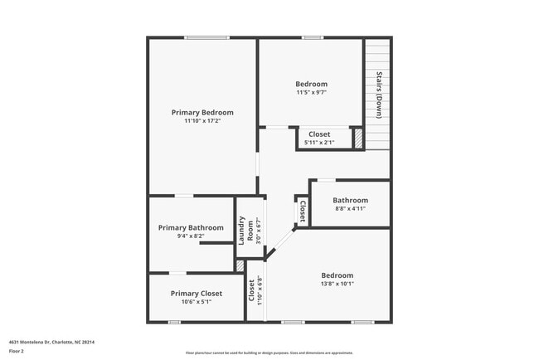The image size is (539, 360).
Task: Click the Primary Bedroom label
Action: [202, 113]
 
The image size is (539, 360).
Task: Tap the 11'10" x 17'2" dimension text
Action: [202, 121]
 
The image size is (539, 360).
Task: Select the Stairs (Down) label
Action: [378, 94]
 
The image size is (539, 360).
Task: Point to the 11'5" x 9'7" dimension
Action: [312, 93]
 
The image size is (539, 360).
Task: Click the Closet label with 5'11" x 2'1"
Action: [319, 134]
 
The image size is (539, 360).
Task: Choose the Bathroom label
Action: [350, 200]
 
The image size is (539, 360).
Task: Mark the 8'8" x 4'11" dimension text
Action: [350, 209]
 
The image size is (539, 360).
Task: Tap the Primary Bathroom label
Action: [191, 227]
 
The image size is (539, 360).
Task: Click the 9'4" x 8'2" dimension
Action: [191, 236]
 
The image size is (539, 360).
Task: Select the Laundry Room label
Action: [245, 230]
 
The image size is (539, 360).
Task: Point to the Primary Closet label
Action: [197, 293]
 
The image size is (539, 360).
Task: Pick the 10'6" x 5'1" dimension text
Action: [197, 302]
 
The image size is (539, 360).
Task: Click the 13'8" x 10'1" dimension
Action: [337, 284]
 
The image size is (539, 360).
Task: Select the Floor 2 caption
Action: [17, 352]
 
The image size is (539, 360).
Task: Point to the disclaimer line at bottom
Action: [269, 353]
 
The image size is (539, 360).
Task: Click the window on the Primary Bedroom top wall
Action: [206, 37]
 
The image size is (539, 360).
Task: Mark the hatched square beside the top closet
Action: [358, 139]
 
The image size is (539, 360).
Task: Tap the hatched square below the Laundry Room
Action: [240, 266]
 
